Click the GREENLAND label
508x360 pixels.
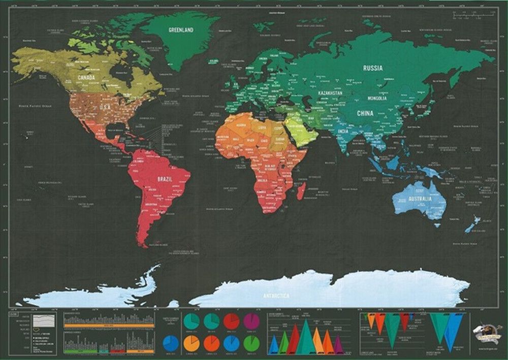[x=181, y=30]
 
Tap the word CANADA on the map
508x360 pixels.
[x=86, y=78]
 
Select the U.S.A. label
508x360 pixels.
[x=105, y=108]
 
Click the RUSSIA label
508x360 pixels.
[x=373, y=68]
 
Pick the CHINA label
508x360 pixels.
[x=365, y=113]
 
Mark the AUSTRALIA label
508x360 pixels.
[x=421, y=199]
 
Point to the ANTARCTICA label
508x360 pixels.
[x=276, y=296]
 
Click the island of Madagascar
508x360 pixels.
[x=301, y=191]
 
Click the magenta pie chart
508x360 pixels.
[x=251, y=321]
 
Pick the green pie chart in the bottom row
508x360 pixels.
[x=251, y=343]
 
